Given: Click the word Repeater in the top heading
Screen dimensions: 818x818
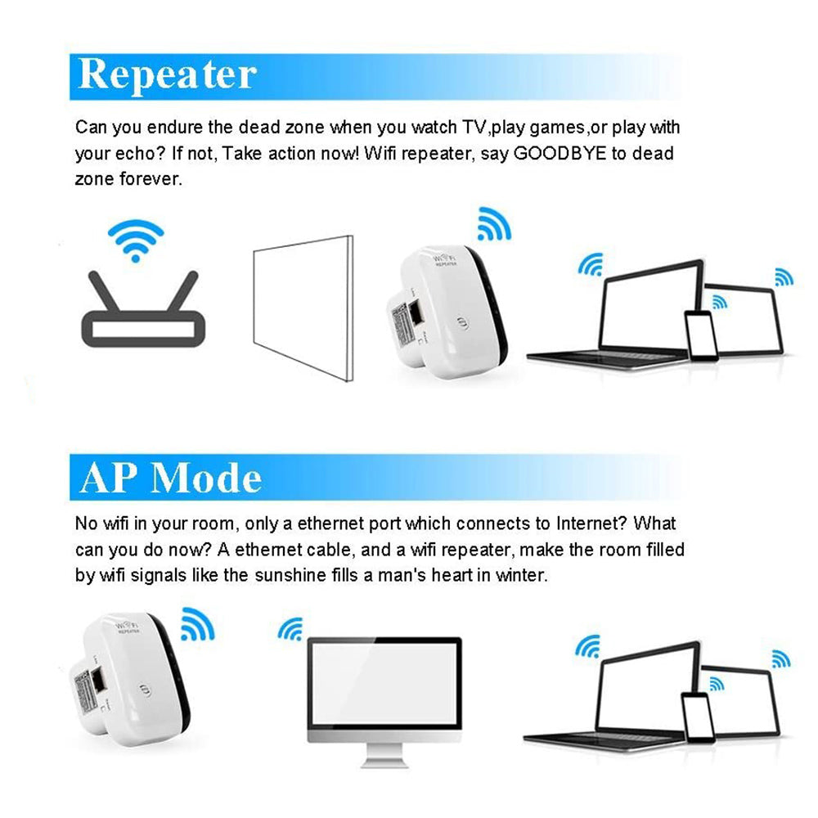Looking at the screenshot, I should [x=167, y=75].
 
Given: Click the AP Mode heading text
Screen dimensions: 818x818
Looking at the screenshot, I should [x=171, y=478].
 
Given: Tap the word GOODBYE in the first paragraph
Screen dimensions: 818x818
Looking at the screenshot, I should [x=560, y=153].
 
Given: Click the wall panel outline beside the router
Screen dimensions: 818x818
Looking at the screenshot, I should [x=302, y=307].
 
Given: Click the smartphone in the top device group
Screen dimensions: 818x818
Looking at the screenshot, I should [x=700, y=335].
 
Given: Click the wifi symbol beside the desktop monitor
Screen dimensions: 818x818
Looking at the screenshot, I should [x=290, y=629].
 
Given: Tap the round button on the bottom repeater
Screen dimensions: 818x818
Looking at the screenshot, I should [x=146, y=689].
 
